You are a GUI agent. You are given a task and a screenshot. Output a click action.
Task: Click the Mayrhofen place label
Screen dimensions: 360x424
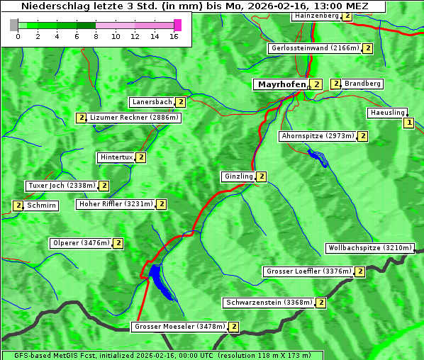click(x=282, y=84)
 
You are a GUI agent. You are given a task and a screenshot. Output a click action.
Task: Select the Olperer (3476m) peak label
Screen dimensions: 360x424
click(x=81, y=243)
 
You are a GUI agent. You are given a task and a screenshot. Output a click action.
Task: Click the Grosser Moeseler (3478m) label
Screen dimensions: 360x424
click(x=179, y=327)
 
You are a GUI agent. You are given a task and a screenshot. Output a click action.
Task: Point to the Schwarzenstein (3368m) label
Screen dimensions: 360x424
click(x=268, y=303)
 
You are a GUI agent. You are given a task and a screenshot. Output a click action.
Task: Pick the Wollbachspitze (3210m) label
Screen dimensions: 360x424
click(x=369, y=248)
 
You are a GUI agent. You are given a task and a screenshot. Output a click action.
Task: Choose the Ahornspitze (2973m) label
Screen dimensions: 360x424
click(x=317, y=135)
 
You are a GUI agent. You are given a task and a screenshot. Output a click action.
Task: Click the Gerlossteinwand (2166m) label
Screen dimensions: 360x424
click(x=315, y=48)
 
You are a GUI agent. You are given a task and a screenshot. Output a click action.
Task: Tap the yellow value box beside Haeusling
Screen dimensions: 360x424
click(x=408, y=123)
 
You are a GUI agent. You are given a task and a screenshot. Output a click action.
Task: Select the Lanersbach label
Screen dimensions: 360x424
click(x=152, y=102)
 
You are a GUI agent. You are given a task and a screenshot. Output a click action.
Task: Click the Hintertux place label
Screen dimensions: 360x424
click(x=116, y=157)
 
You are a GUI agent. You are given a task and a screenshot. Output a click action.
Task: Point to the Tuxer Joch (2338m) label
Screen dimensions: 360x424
click(x=61, y=186)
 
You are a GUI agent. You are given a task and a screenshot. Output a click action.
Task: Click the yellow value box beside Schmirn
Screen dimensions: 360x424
click(x=18, y=206)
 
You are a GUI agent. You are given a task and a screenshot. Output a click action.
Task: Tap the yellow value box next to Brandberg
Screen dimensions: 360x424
click(x=336, y=84)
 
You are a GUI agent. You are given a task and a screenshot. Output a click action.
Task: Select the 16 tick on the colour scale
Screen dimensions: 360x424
click(x=174, y=36)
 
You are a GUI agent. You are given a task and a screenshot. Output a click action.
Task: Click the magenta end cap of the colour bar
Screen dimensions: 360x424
click(x=177, y=25)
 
